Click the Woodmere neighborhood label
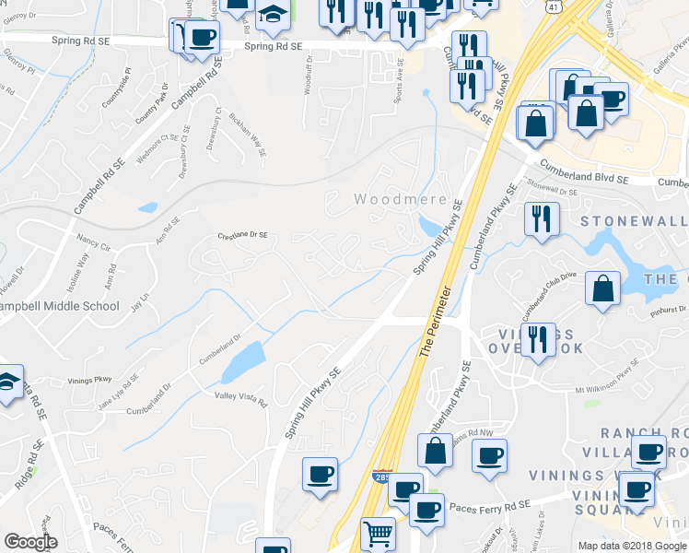click(x=401, y=199)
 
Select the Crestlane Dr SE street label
click(x=242, y=236)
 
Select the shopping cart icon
click(x=378, y=534)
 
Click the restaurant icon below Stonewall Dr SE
click(x=540, y=218)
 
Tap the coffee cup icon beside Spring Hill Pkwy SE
click(x=320, y=474)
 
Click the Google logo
click(x=30, y=542)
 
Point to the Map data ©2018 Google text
click(x=632, y=546)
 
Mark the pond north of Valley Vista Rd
click(x=243, y=363)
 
